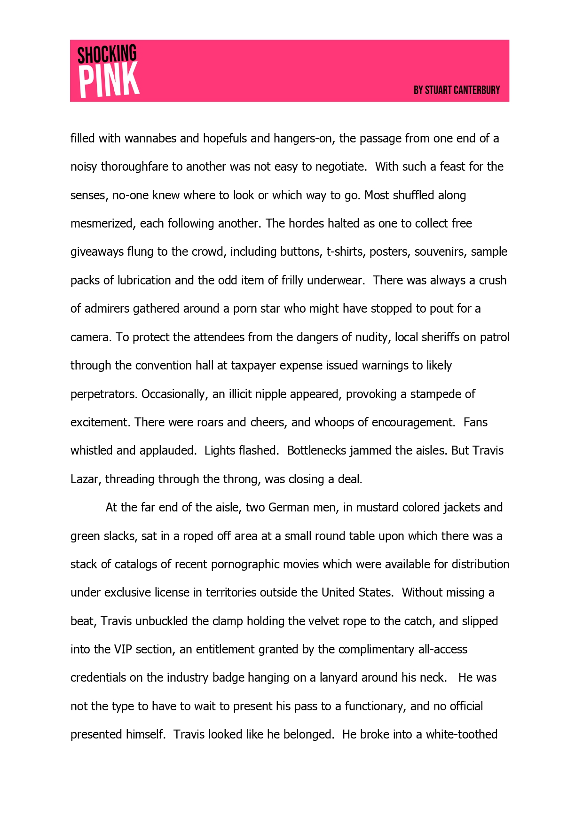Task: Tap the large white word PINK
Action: (x=109, y=80)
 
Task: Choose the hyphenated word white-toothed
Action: (x=461, y=735)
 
